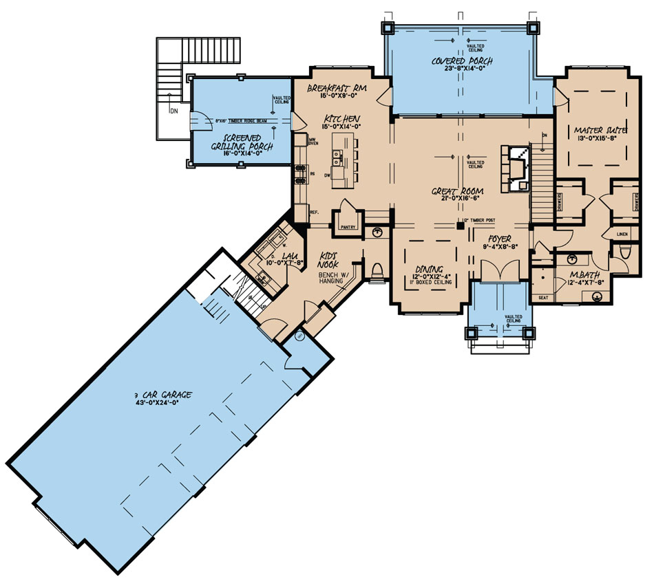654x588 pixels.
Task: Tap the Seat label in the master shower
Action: [542, 298]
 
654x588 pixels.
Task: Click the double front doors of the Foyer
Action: [496, 272]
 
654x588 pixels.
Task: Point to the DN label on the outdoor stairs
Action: [173, 108]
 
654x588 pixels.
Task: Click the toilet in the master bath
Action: [625, 254]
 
